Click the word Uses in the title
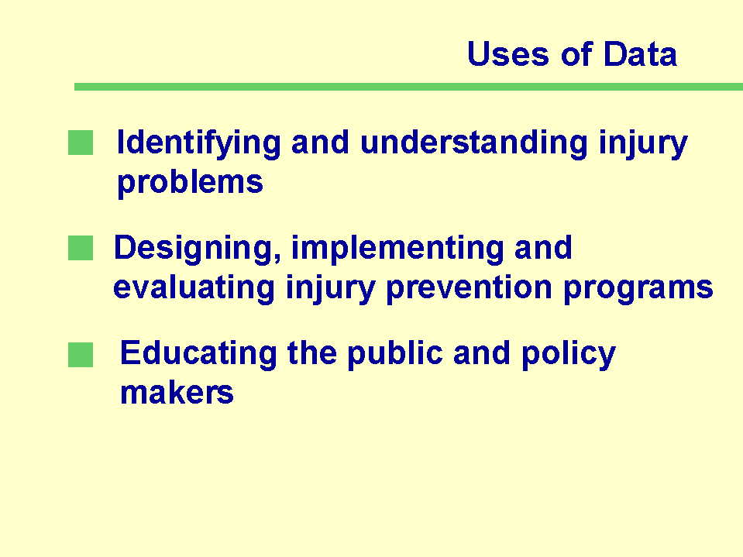tap(508, 53)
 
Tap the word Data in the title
tap(640, 53)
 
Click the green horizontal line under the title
tap(408, 87)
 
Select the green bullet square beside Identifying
tap(81, 143)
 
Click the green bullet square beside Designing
tap(81, 248)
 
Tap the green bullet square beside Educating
tap(81, 355)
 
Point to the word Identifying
tap(199, 143)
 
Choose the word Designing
tap(198, 249)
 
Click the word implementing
tap(397, 249)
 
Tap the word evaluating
tap(194, 288)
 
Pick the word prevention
tap(469, 289)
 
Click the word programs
tap(638, 289)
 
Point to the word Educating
tap(198, 354)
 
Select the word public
tap(394, 355)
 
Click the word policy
tap(569, 355)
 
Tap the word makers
tap(177, 393)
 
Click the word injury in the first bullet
tap(643, 143)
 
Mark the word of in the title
tap(576, 53)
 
